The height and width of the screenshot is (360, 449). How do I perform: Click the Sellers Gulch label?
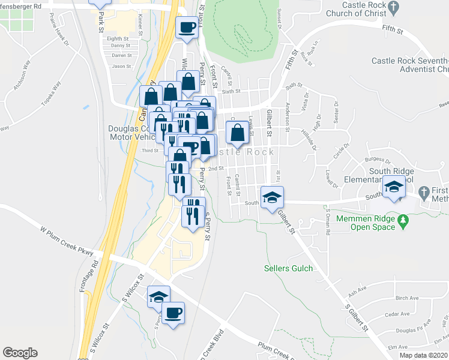coord(288,268)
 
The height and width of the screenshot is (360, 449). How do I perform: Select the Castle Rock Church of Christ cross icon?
coord(394,8)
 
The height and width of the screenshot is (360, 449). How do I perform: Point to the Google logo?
coord(20,352)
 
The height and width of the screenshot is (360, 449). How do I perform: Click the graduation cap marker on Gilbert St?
coord(272,197)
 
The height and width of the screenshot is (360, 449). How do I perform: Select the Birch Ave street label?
coord(407,298)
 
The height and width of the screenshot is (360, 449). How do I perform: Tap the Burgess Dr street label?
coord(380,160)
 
